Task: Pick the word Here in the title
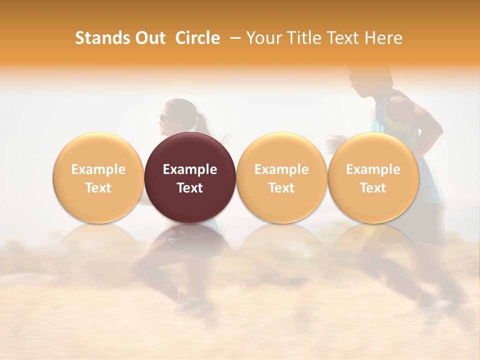[x=383, y=38]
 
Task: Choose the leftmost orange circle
[x=98, y=177]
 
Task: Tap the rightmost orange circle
[x=373, y=177]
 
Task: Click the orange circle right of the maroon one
[x=281, y=177]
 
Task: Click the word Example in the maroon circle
[x=190, y=169]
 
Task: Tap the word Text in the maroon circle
[x=190, y=188]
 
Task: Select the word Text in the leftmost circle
[x=98, y=188]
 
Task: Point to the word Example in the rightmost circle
[x=373, y=169]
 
